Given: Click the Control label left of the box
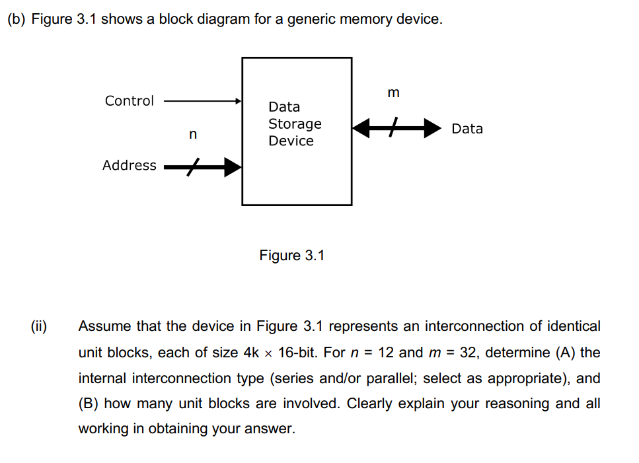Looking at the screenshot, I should point(129,101).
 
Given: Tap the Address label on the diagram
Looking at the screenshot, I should point(129,166).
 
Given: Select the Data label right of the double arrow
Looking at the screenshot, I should point(467,129).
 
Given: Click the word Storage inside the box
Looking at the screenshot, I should point(295,124).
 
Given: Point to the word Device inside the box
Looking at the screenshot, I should point(291,141).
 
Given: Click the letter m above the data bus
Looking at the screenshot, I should point(393,93).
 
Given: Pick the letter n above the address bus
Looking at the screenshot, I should point(192,135).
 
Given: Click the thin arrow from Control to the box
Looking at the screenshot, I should point(202,102).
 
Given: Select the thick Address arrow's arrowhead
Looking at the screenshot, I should point(232,167).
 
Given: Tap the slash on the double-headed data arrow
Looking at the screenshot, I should point(394,128).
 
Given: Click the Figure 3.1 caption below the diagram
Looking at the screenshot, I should point(292,256).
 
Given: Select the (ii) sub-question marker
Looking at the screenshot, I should point(39,326).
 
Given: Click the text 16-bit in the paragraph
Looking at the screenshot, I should point(299,352).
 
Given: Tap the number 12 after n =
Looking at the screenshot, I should point(387,352).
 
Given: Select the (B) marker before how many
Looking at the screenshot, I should point(89,404).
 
